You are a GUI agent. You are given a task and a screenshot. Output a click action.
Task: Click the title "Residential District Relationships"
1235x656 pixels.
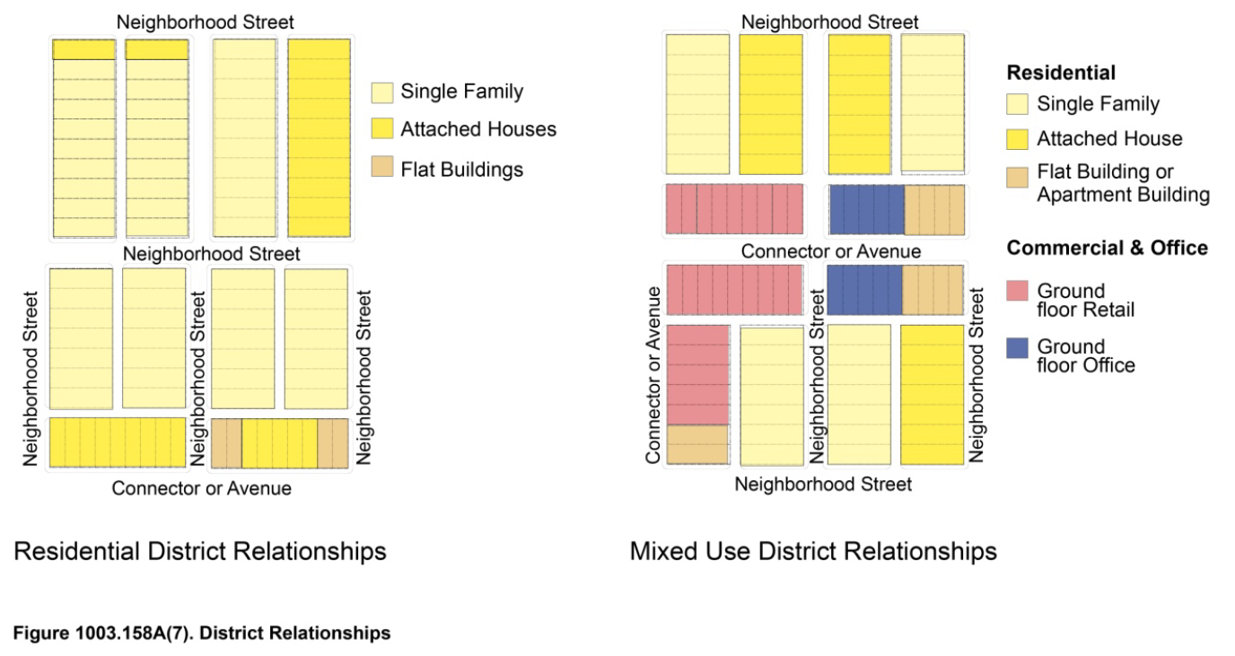click(x=199, y=550)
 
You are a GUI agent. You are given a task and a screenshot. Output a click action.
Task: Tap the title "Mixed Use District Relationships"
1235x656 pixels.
click(x=813, y=550)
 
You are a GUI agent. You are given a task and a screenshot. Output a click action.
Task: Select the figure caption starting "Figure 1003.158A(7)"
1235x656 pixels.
click(x=202, y=633)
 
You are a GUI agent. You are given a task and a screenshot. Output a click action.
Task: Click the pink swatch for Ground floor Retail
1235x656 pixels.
click(x=1017, y=291)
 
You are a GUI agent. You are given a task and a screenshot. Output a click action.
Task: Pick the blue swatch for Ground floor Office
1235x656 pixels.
click(x=1017, y=347)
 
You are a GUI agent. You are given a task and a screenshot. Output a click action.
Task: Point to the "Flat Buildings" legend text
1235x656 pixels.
click(x=461, y=169)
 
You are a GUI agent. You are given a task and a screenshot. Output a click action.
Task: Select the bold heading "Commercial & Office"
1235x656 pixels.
click(x=1107, y=248)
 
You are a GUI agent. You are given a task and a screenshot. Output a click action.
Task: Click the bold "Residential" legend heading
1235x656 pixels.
click(x=1061, y=73)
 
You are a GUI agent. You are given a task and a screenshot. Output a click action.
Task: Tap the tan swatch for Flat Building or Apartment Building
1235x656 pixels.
click(x=1017, y=177)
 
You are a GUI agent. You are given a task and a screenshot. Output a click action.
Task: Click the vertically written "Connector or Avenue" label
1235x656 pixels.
click(x=653, y=375)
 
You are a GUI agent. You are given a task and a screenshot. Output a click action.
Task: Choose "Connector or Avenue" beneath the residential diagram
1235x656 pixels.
click(x=201, y=488)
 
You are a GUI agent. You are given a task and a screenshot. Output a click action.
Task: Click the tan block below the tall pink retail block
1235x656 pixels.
click(x=697, y=444)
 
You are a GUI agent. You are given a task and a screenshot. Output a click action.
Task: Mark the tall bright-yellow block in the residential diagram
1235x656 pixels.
click(x=319, y=137)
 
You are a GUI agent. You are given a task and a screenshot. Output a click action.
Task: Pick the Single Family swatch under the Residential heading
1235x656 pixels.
click(x=1017, y=105)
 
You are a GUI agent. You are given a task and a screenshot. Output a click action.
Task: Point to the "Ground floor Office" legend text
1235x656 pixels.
click(x=1086, y=355)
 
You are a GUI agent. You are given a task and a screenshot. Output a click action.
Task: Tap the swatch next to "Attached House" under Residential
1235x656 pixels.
click(x=1017, y=139)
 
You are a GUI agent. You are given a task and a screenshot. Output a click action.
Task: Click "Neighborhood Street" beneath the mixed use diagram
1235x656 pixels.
click(x=823, y=485)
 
